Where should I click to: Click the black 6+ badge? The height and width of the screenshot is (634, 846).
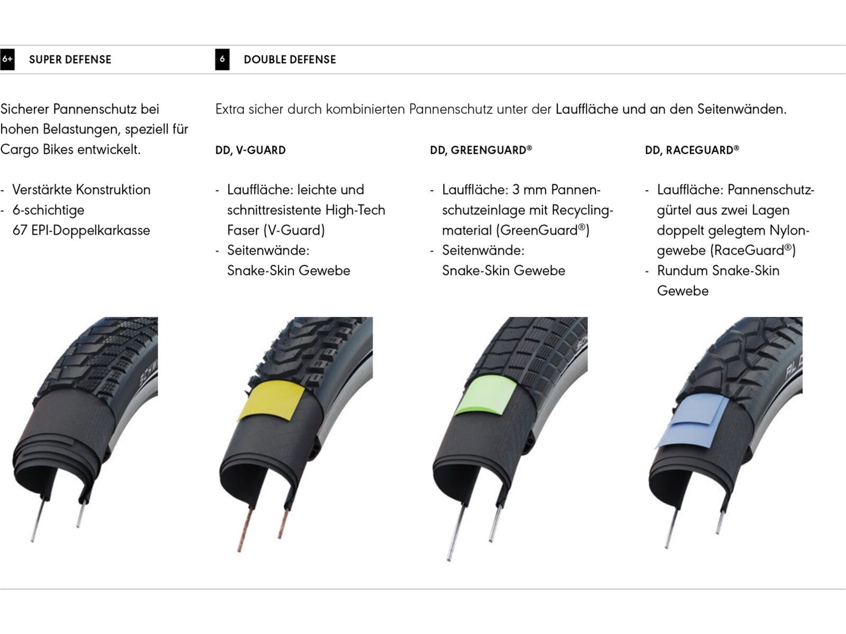pyautogui.click(x=7, y=59)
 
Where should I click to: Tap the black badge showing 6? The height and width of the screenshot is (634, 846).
pyautogui.click(x=222, y=59)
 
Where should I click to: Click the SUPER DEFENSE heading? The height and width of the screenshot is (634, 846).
pyautogui.click(x=70, y=60)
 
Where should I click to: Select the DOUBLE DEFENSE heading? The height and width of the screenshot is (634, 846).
pyautogui.click(x=290, y=60)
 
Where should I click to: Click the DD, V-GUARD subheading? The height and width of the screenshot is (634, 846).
pyautogui.click(x=250, y=150)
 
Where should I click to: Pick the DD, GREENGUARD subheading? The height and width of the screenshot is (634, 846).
pyautogui.click(x=481, y=150)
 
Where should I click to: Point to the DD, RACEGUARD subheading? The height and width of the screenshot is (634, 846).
pyautogui.click(x=692, y=150)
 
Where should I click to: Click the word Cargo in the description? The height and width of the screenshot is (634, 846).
pyautogui.click(x=17, y=150)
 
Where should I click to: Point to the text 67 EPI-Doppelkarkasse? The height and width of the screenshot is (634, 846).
pyautogui.click(x=81, y=230)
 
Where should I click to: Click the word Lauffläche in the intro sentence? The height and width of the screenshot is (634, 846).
pyautogui.click(x=586, y=109)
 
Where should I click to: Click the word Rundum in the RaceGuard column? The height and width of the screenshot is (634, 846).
pyautogui.click(x=682, y=271)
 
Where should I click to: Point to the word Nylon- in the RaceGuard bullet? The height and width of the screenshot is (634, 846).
pyautogui.click(x=789, y=230)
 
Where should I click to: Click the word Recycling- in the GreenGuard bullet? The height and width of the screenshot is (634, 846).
pyautogui.click(x=582, y=210)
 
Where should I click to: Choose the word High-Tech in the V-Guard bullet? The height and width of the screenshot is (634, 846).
pyautogui.click(x=355, y=210)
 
